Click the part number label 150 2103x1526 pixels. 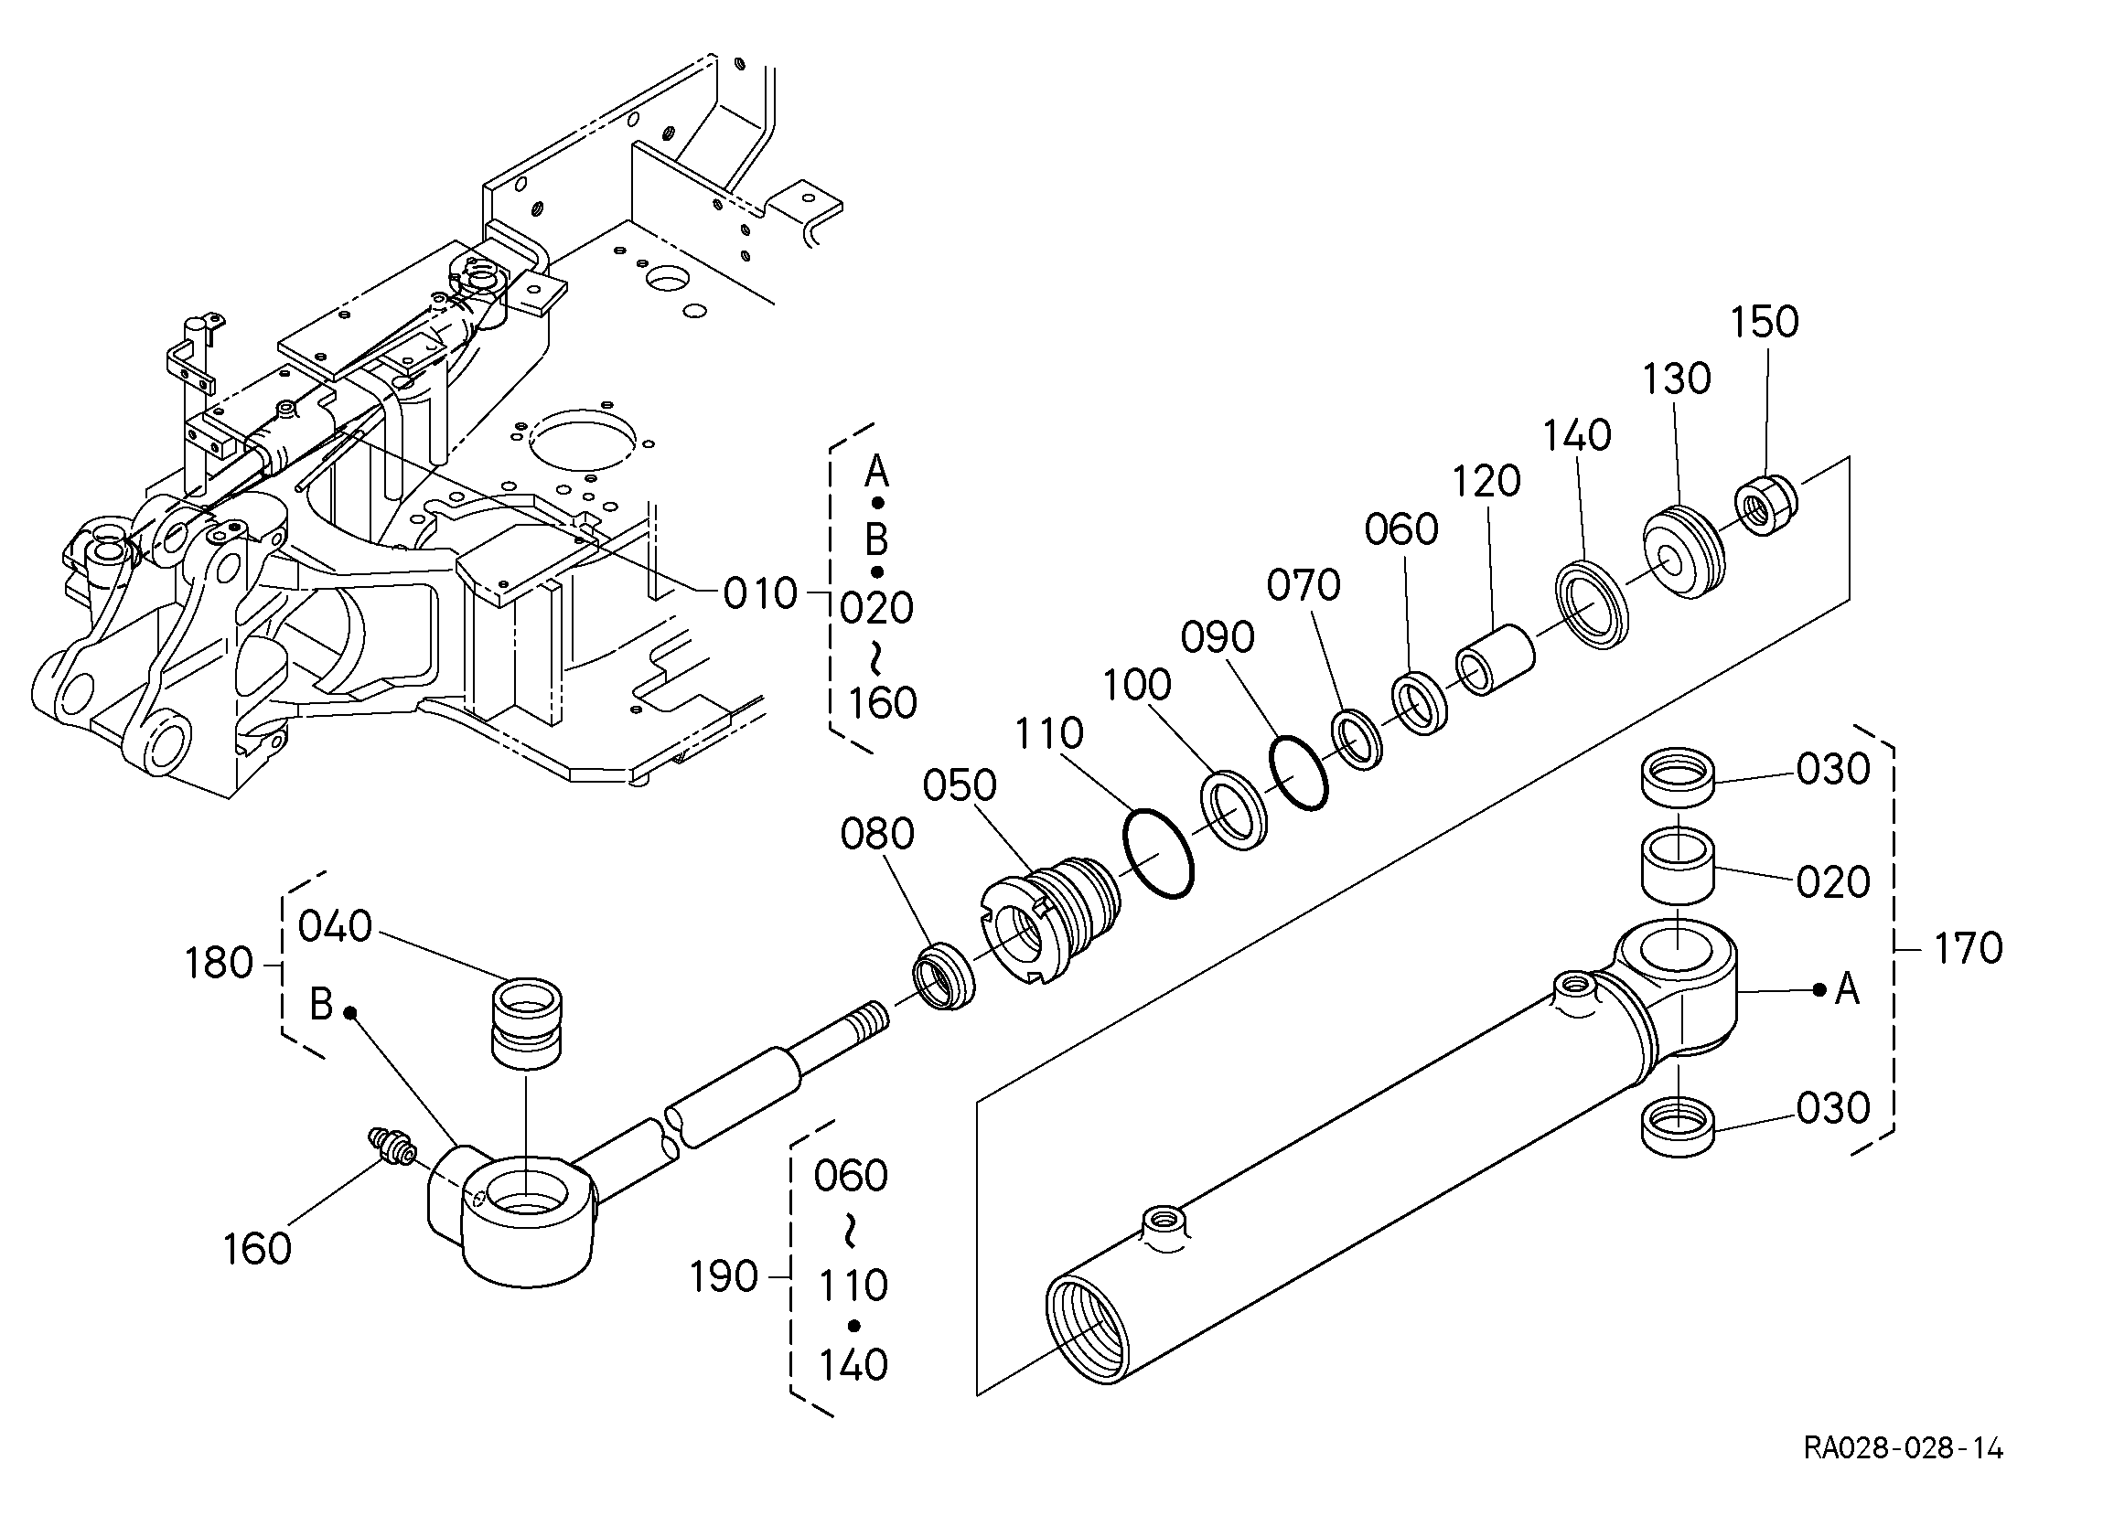click(1765, 323)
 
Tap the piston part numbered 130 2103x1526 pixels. click(1684, 551)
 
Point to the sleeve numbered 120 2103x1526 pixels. click(1494, 662)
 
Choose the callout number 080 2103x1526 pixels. click(877, 835)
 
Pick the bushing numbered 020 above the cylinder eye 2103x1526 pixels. click(1678, 865)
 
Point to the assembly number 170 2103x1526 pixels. click(1968, 948)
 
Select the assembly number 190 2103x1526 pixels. click(724, 1277)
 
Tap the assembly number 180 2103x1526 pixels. click(219, 965)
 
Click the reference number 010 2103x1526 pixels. click(760, 593)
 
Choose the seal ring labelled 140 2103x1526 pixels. click(1591, 604)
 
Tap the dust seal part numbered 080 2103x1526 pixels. click(943, 976)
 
